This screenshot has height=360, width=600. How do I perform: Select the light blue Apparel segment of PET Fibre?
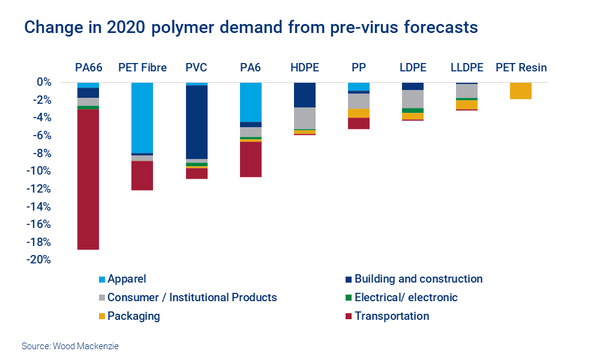(x=142, y=118)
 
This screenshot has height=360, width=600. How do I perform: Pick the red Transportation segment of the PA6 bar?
(x=250, y=159)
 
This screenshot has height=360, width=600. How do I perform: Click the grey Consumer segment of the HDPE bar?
(x=304, y=118)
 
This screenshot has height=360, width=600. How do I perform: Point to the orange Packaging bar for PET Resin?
(x=520, y=91)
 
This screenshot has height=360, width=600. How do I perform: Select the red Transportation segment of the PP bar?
(x=358, y=123)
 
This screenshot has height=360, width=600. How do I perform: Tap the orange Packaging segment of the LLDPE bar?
(x=466, y=104)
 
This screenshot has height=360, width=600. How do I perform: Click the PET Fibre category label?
(x=142, y=67)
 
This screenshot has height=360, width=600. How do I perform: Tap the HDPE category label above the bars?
(x=304, y=67)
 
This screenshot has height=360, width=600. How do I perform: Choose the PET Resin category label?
(x=521, y=67)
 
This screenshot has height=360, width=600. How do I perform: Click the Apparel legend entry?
(x=127, y=279)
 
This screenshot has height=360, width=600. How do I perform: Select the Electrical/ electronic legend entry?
(x=406, y=298)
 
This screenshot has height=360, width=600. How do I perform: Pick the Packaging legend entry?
(x=133, y=316)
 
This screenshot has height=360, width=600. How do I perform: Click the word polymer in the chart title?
(x=190, y=28)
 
